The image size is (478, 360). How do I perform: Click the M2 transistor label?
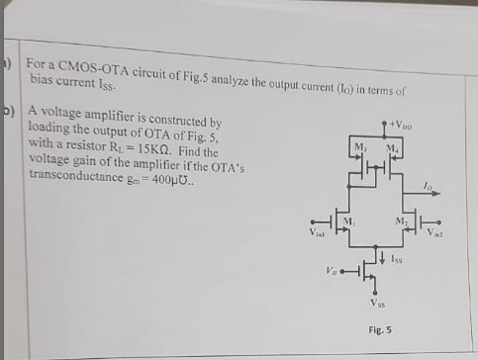tap(401, 221)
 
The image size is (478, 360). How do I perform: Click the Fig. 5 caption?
tap(379, 328)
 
